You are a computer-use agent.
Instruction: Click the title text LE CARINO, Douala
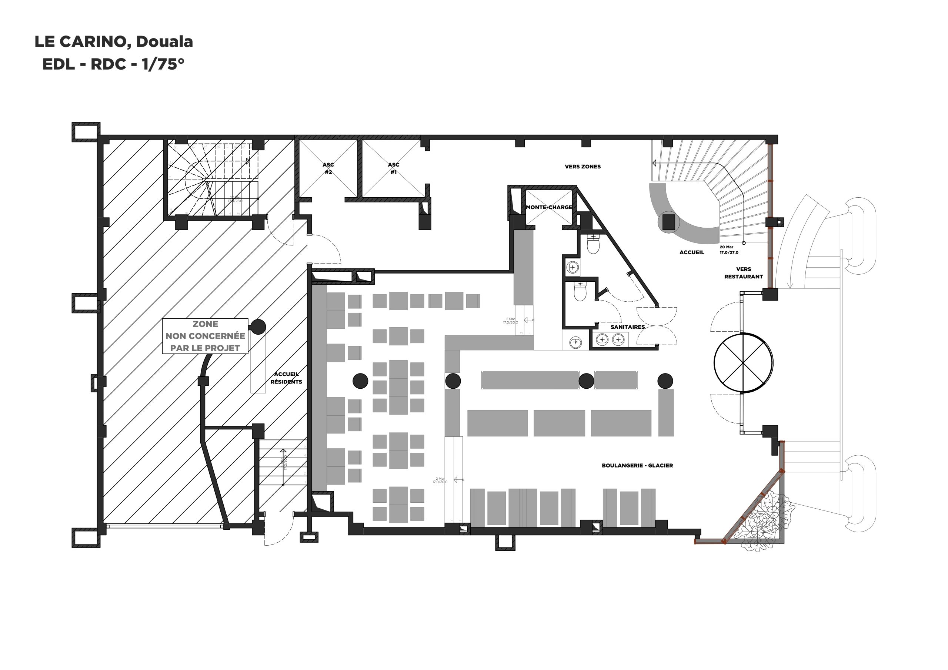(114, 42)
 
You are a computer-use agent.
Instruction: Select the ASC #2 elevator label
(328, 168)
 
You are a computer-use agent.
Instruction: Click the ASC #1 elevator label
(394, 168)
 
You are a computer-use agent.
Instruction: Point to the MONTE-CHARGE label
(549, 207)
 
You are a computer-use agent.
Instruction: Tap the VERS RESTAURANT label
(743, 273)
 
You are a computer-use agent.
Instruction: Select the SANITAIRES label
(628, 327)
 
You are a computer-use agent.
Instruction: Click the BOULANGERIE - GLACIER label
(637, 466)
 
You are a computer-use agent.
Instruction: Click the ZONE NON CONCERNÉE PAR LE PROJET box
(205, 336)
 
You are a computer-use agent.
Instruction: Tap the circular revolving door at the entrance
(743, 362)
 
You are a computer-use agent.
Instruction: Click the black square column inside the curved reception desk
(668, 222)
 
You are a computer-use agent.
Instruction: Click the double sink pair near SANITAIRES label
(610, 340)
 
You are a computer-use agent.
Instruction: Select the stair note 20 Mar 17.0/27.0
(729, 250)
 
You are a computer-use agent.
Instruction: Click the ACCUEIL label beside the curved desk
(692, 252)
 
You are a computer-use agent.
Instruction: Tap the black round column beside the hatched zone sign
(258, 326)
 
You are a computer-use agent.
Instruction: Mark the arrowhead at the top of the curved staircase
(654, 164)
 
